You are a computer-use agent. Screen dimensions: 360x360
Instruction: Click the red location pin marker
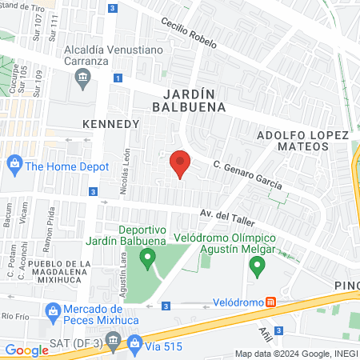click(x=181, y=164)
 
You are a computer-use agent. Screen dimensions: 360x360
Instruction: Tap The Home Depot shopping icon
click(x=14, y=166)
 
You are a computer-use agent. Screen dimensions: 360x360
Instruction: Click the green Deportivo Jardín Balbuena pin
click(x=147, y=258)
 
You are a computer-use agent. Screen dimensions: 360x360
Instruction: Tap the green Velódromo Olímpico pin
click(x=257, y=266)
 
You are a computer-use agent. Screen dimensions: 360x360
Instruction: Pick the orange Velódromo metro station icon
click(x=271, y=302)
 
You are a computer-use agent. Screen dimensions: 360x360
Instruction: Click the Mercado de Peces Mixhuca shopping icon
click(x=53, y=310)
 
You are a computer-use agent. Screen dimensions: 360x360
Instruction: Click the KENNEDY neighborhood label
click(x=111, y=124)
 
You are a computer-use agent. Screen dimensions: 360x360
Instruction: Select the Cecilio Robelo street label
click(x=188, y=34)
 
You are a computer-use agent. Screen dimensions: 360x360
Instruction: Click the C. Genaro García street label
click(x=247, y=174)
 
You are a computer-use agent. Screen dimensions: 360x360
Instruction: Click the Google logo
click(x=27, y=350)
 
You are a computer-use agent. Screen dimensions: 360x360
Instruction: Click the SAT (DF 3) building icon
click(x=113, y=342)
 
